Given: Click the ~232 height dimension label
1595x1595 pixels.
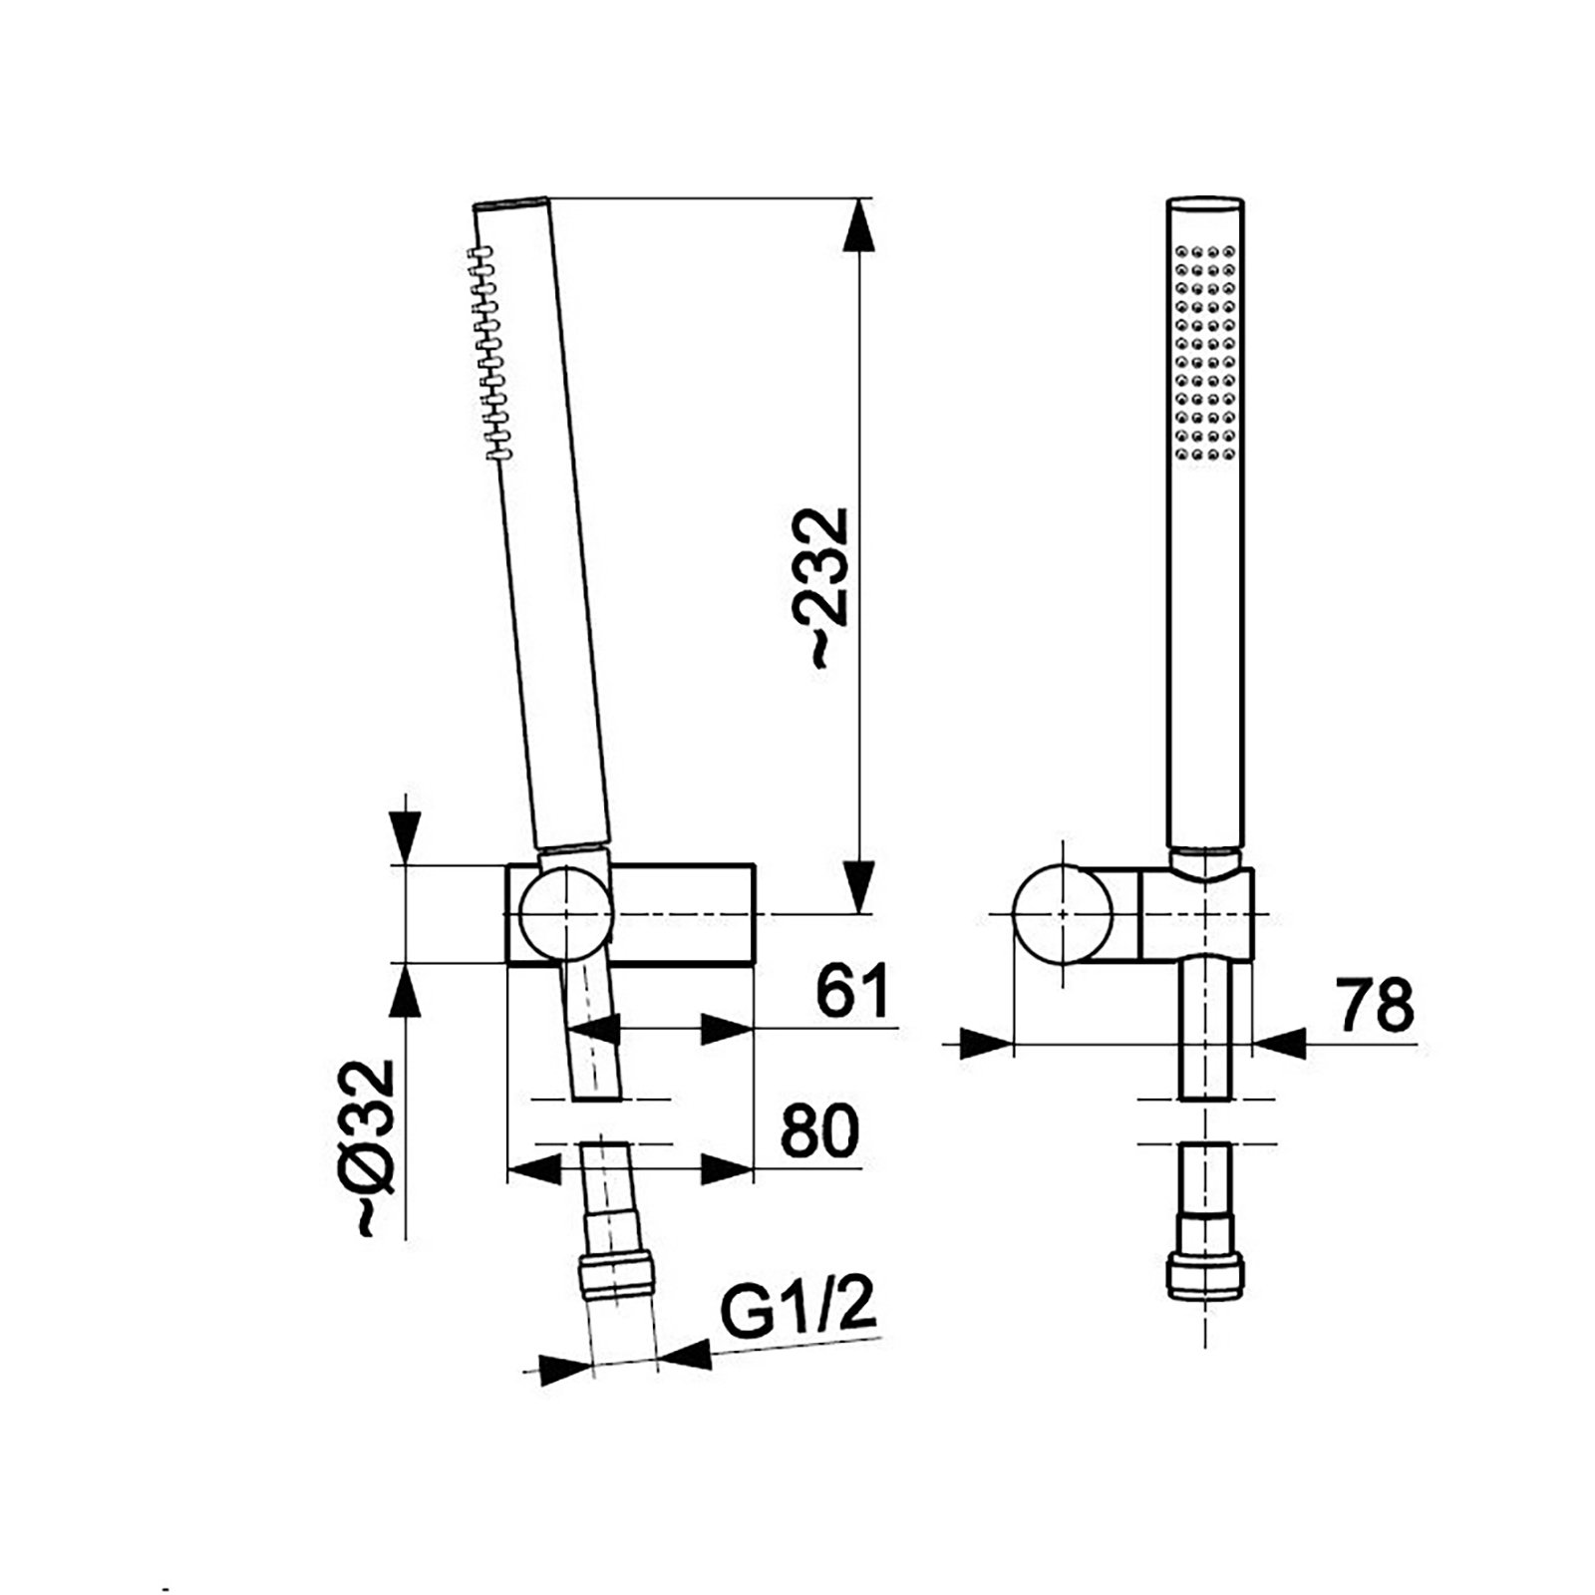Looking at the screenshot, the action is point(827,588).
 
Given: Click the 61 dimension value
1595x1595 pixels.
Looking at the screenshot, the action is point(851,992).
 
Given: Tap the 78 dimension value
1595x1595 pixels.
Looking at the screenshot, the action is point(1376,1006).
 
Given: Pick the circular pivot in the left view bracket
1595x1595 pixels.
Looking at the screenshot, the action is point(565,914).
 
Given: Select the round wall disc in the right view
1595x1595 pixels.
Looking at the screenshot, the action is point(1063,914).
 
